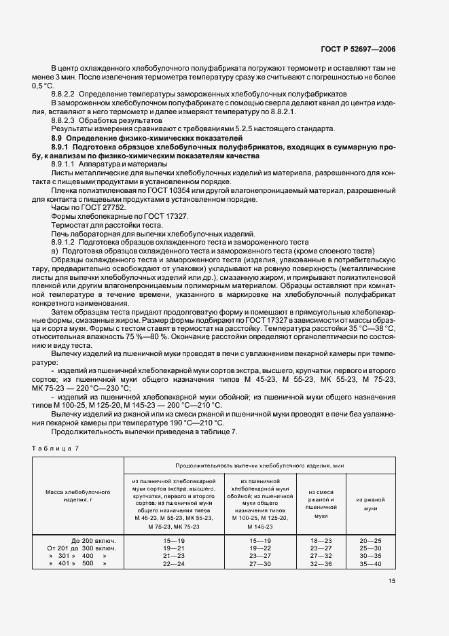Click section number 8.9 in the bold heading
[57, 138]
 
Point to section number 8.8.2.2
[65, 93]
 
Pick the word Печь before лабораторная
[61, 233]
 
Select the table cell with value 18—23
[321, 540]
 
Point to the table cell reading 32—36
[321, 564]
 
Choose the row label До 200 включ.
[94, 540]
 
